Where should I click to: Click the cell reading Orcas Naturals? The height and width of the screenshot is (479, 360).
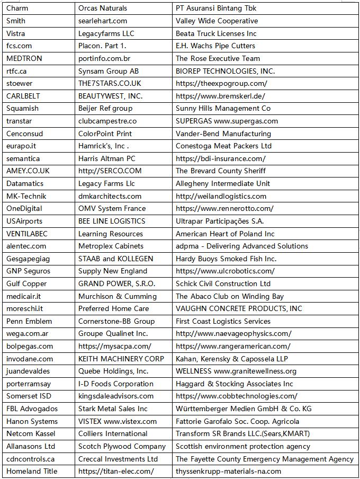tap(103, 8)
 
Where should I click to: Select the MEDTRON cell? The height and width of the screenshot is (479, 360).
tap(24, 58)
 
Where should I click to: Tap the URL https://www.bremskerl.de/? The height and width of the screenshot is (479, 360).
tap(220, 96)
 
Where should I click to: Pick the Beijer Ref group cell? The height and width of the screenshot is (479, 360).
tap(105, 108)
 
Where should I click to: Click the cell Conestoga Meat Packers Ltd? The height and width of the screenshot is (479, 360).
tap(223, 146)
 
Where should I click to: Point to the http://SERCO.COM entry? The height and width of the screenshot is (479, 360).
tap(110, 171)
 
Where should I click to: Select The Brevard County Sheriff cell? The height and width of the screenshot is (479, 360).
tap(221, 171)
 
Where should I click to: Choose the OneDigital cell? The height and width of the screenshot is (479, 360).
tap(24, 208)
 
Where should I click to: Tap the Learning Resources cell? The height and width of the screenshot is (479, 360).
tap(111, 234)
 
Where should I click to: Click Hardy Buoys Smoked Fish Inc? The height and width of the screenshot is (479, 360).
tap(226, 259)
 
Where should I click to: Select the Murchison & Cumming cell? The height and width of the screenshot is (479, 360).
tap(118, 296)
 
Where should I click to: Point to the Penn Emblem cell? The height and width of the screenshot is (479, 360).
tap(29, 321)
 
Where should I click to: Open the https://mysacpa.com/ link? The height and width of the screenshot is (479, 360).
tap(115, 346)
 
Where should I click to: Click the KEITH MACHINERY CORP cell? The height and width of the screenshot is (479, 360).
tap(121, 359)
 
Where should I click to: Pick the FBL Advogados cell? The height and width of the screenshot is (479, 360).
tap(32, 409)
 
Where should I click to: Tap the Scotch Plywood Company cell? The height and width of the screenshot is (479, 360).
tap(122, 446)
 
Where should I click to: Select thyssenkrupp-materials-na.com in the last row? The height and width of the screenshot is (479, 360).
tap(228, 471)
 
